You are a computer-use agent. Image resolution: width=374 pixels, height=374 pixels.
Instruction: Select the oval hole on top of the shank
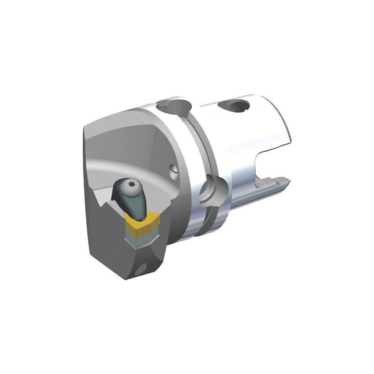[x=236, y=106]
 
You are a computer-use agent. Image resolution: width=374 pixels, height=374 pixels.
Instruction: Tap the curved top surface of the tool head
[x=127, y=140]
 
